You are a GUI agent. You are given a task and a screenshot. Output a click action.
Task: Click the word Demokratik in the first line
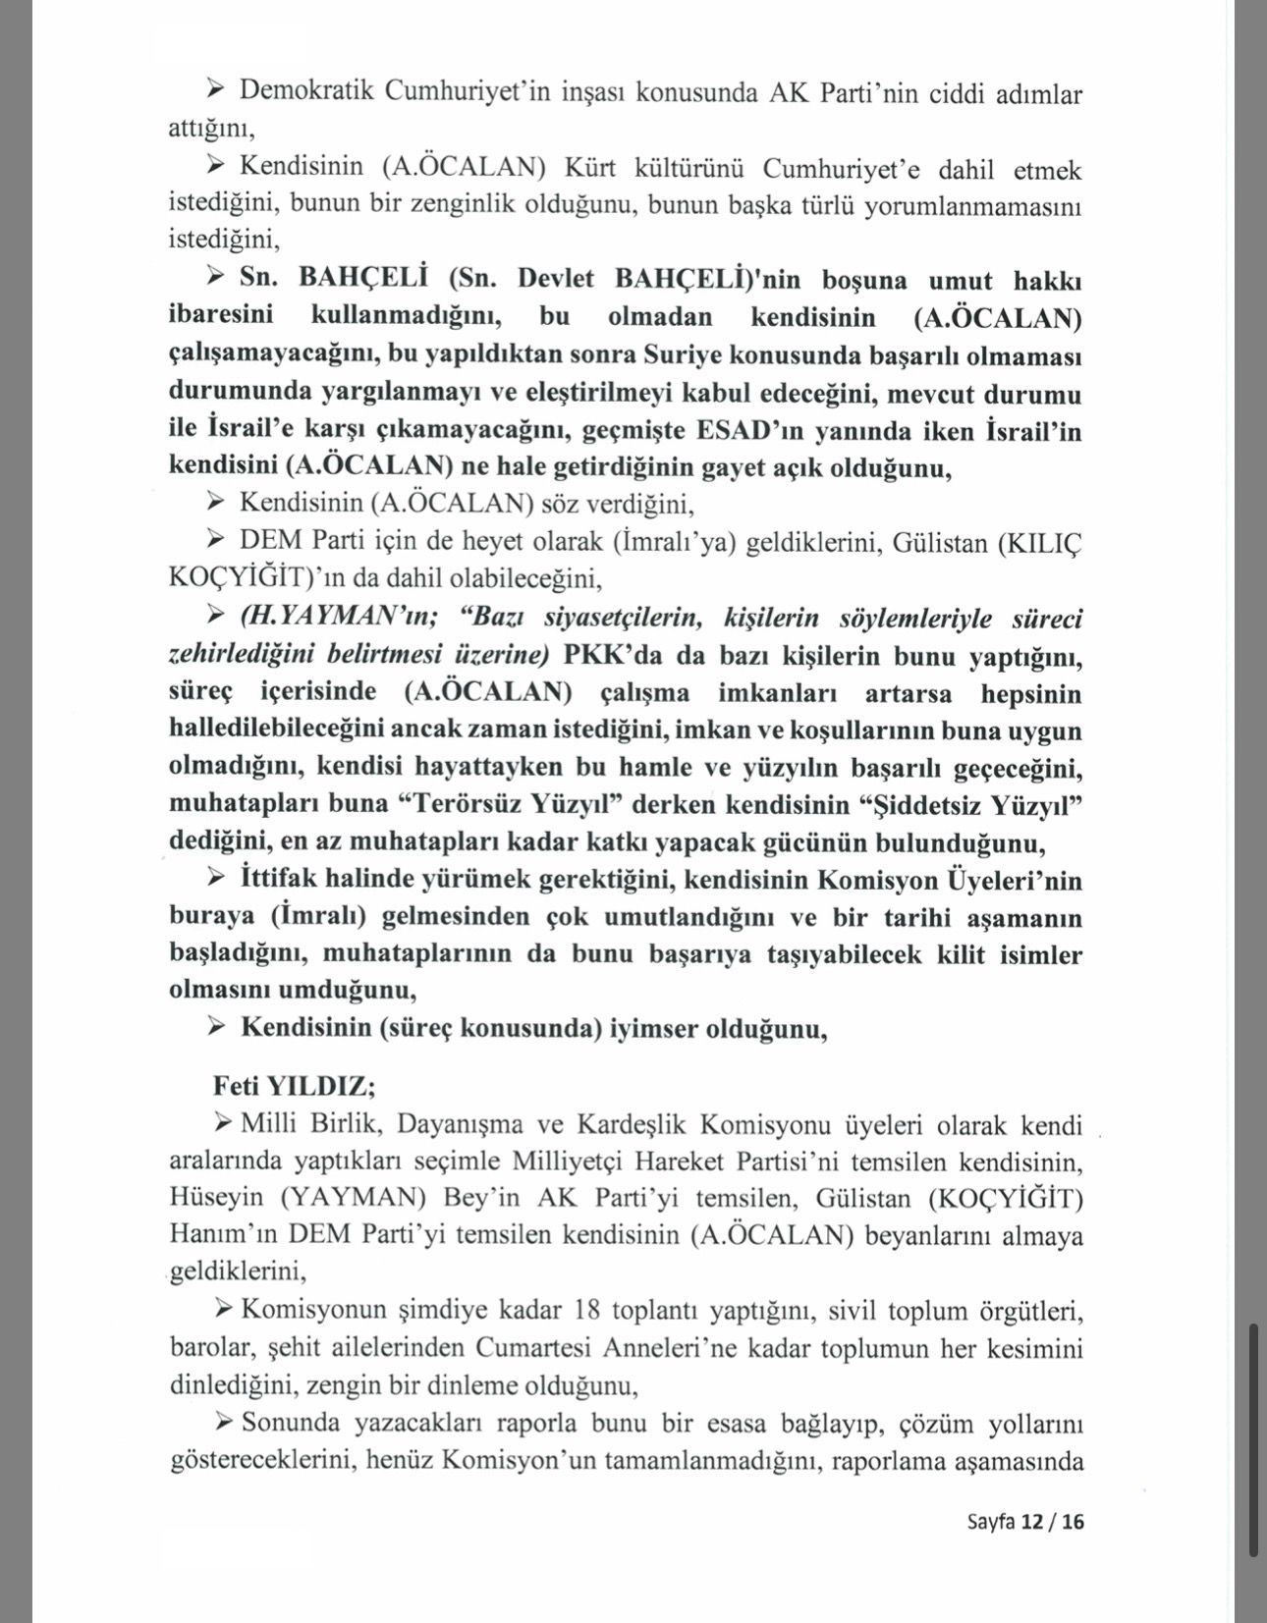tap(305, 91)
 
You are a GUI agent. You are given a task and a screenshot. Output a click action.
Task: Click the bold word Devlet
tap(556, 279)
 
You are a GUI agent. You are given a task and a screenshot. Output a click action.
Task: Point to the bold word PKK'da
tap(603, 656)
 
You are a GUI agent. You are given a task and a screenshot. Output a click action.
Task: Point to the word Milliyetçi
tap(569, 1162)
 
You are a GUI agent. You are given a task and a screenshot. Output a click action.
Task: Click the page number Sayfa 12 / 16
tap(1025, 1522)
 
